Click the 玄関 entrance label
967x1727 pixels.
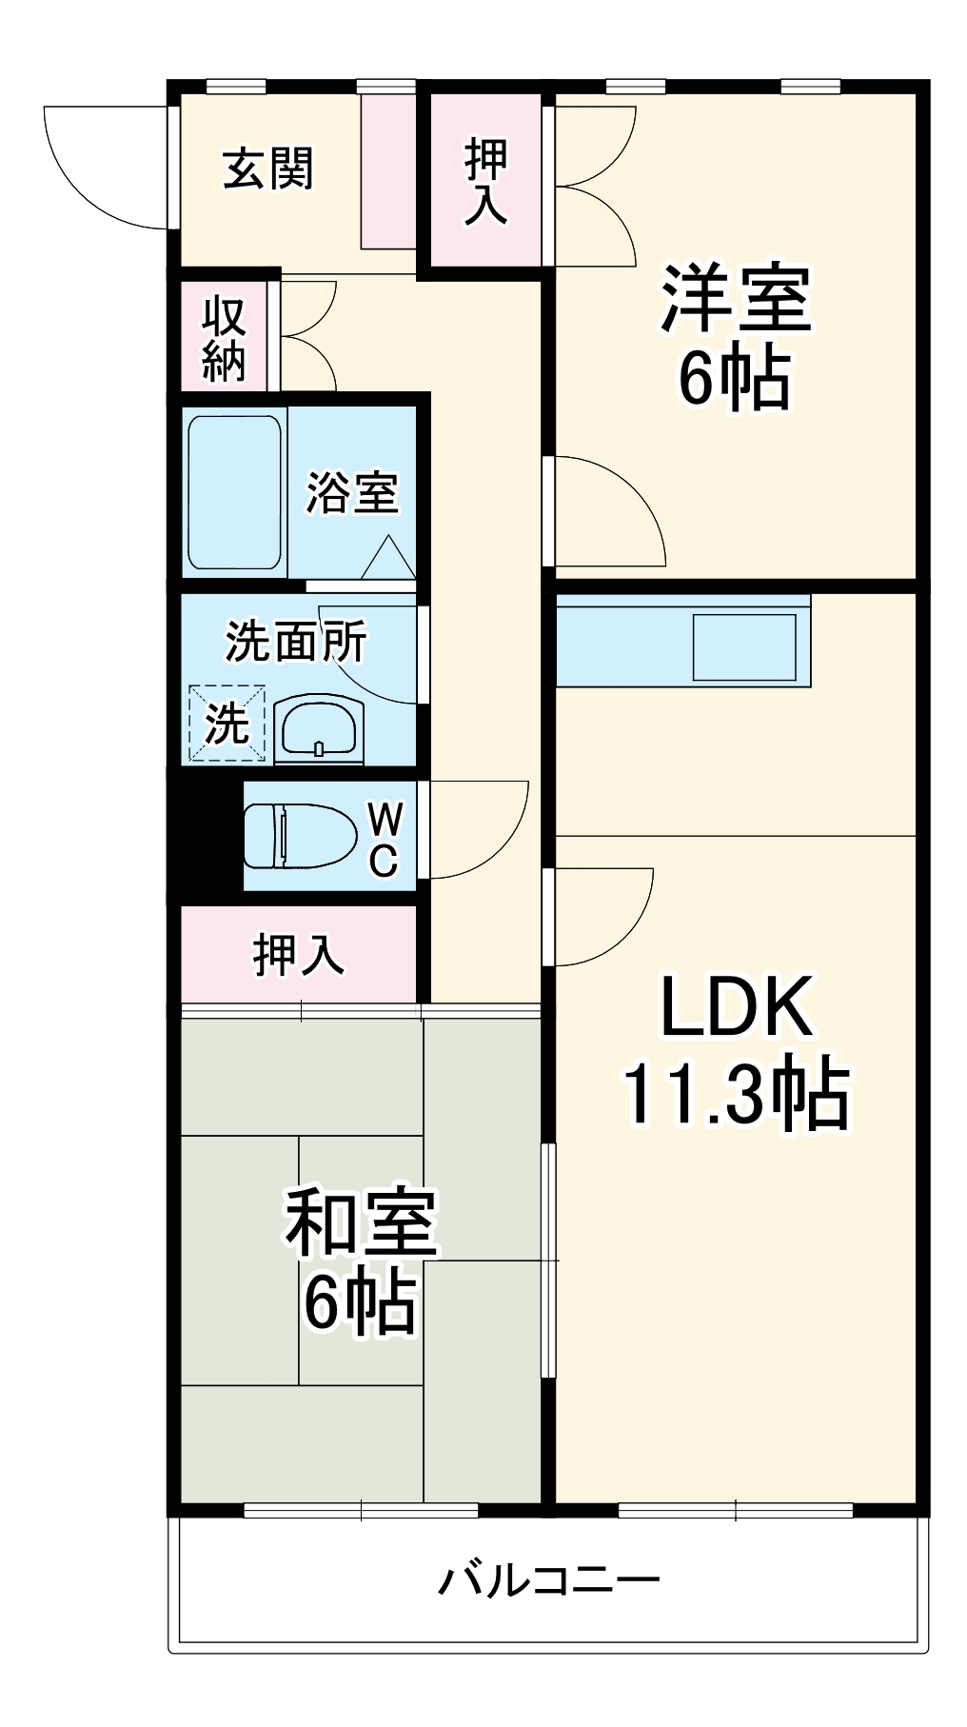(x=268, y=170)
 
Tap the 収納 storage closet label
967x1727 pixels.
(x=224, y=339)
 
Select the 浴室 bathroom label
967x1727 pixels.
(x=351, y=492)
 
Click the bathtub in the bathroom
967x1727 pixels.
(x=234, y=492)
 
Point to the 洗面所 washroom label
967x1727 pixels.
(x=295, y=643)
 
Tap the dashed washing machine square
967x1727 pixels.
(x=227, y=724)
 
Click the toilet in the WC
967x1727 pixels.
(x=295, y=836)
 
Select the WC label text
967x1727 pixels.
(x=384, y=839)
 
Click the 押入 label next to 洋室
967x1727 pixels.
(x=485, y=181)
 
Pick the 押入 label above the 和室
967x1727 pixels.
(x=298, y=955)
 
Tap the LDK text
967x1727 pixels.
(x=736, y=1007)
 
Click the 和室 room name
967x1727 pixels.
(x=362, y=1222)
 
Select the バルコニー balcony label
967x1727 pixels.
(x=548, y=1581)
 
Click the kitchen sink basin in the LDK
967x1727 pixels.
(x=744, y=647)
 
